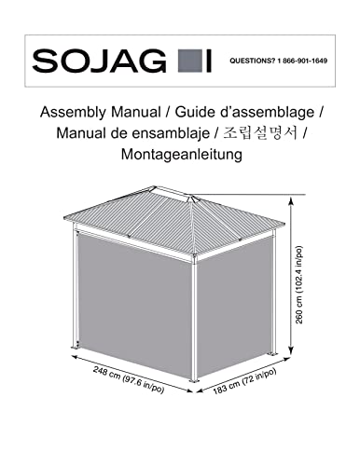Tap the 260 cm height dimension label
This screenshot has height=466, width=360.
(302, 280)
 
